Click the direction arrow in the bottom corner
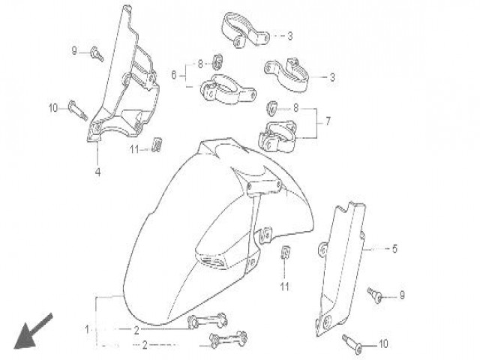pyautogui.click(x=34, y=331)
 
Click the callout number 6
pyautogui.click(x=174, y=74)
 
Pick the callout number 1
pyautogui.click(x=88, y=328)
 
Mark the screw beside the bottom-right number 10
pyautogui.click(x=353, y=343)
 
